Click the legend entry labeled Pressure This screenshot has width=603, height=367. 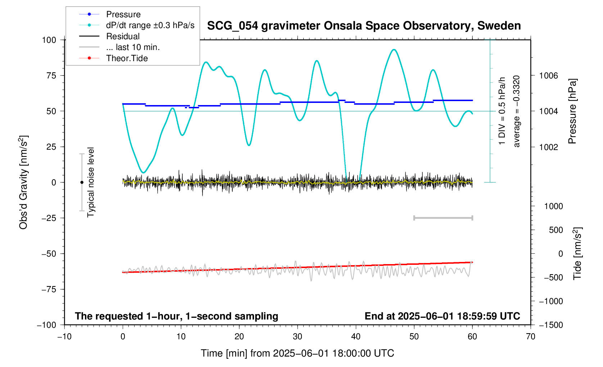tap(123, 14)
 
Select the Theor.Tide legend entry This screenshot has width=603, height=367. tap(127, 58)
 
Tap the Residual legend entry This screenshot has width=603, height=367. tap(123, 36)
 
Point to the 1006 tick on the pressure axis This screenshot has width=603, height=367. tap(548, 76)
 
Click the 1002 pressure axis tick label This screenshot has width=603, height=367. tap(548, 147)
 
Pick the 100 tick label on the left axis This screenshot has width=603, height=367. tap(49, 40)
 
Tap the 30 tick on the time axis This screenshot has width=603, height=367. tap(298, 337)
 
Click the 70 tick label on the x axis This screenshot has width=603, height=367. tap(531, 337)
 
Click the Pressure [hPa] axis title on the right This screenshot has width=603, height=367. tap(572, 111)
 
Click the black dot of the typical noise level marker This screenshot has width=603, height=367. tap(82, 182)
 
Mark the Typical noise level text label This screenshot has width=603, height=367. tap(91, 182)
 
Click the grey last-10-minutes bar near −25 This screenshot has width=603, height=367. tap(443, 218)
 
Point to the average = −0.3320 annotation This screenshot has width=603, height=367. tap(517, 111)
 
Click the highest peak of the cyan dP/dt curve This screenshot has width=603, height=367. tap(394, 50)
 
